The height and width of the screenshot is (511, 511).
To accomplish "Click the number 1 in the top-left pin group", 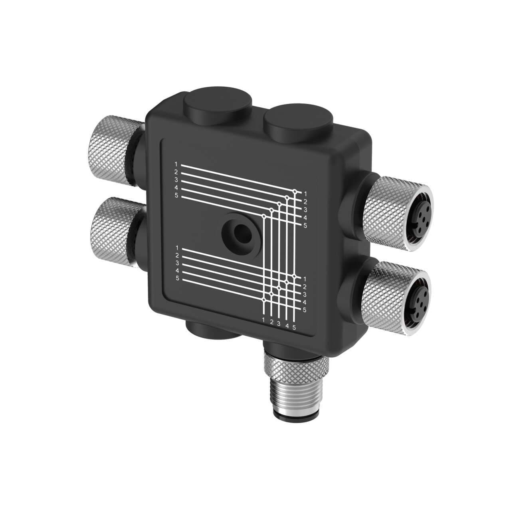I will (176, 164).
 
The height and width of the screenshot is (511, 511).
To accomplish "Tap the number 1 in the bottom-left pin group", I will (176, 249).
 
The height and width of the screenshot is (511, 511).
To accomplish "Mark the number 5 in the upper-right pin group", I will (305, 226).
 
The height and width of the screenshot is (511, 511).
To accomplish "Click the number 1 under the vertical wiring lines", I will (263, 320).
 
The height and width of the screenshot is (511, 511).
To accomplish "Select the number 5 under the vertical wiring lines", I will (294, 328).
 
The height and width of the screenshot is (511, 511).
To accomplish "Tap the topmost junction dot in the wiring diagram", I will (295, 192).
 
